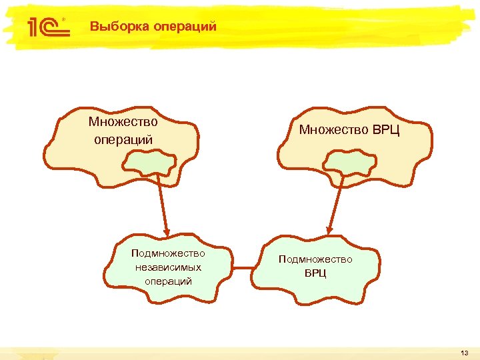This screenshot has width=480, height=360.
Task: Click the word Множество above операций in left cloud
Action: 123,122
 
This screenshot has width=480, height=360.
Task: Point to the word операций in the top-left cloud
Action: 123,139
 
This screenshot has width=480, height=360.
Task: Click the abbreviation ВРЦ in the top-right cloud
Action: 386,129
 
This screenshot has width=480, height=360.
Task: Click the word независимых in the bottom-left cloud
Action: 168,267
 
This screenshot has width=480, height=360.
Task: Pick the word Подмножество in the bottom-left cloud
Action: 168,253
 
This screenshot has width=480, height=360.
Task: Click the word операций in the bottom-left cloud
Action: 168,281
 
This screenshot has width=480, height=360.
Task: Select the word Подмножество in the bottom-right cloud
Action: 315,259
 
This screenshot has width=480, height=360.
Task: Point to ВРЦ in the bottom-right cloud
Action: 315,273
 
